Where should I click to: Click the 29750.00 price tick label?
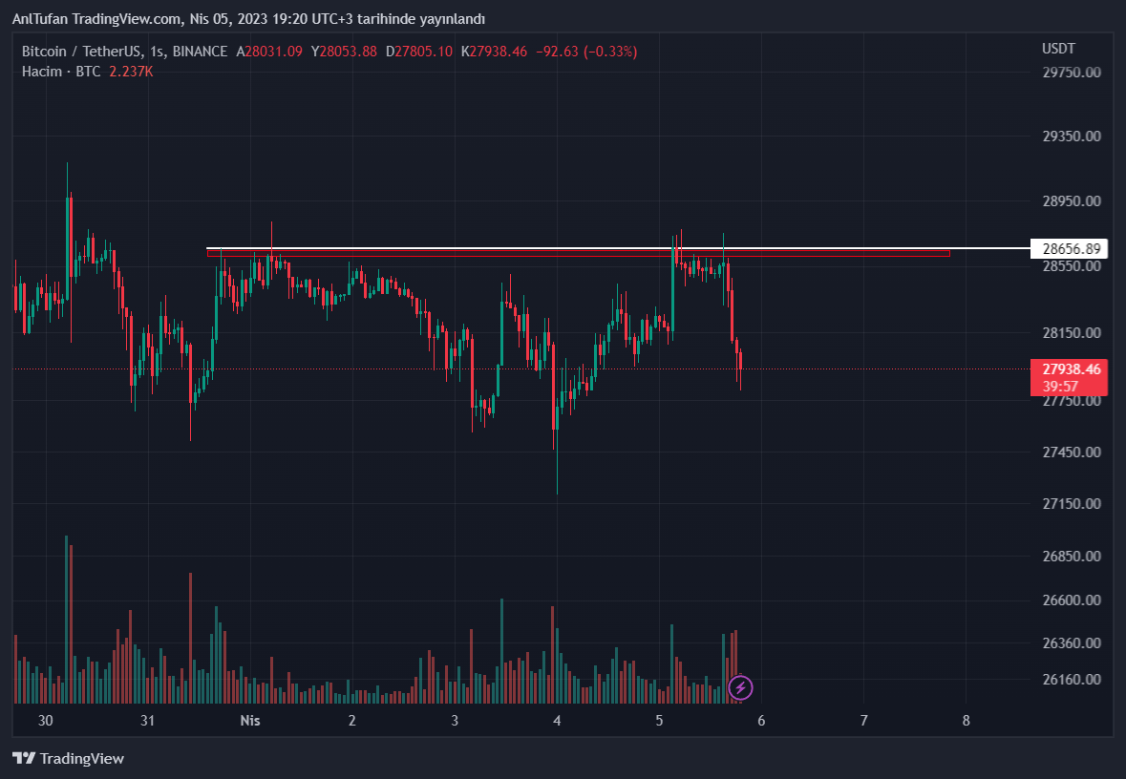coord(1071,72)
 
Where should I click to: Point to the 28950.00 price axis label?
coord(1071,201)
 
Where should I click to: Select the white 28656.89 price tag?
coord(1071,249)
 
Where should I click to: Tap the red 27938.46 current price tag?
coord(1071,369)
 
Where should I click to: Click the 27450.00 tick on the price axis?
coord(1071,452)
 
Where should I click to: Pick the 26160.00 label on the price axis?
coord(1071,680)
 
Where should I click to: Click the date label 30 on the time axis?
coord(46,721)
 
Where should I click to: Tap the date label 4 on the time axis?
coord(557,721)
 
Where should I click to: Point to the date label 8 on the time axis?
coord(966,721)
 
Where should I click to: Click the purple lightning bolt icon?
coord(740,687)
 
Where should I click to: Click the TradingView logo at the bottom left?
coord(69,759)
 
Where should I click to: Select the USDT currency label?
coord(1058,49)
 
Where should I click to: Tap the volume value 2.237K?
coord(131,72)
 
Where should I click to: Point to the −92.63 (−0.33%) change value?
coord(584,52)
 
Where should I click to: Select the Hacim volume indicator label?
coord(42,72)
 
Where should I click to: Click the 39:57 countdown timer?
coord(1060,386)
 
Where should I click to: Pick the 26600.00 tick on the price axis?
coord(1071,600)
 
